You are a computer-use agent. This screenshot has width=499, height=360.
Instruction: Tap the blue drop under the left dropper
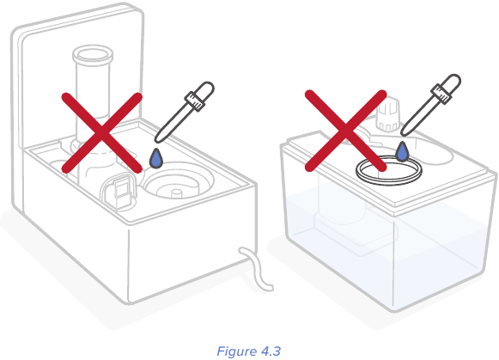tap(155, 158)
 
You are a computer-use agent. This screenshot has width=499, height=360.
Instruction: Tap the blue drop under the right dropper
tap(402, 153)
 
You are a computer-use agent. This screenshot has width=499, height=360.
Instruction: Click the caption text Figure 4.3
tap(249, 350)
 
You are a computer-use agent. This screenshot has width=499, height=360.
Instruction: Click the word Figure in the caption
tap(235, 350)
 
